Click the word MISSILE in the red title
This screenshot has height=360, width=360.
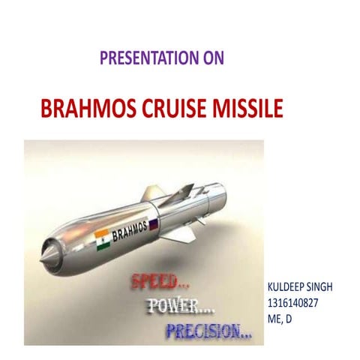253,110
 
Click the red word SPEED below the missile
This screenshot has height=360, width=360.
155,283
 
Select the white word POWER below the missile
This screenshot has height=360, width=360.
183,305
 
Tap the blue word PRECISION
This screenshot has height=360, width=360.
209,329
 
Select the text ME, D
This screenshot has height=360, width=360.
280,319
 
